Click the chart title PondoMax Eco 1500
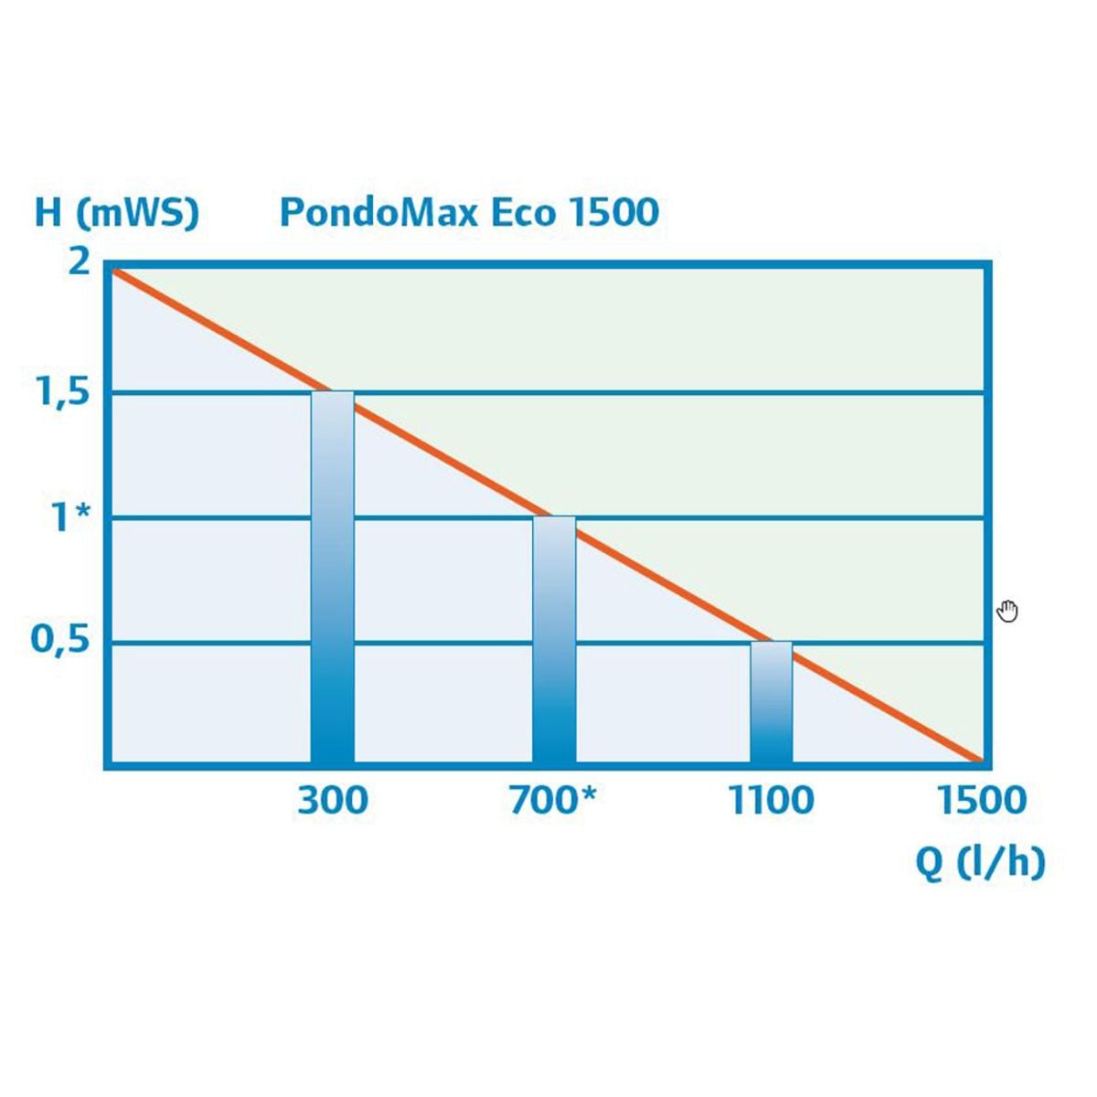468,212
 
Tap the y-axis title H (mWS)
116,213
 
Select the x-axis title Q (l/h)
980,862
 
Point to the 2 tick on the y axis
80,262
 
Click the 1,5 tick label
61,394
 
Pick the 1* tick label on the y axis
71,518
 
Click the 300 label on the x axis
333,801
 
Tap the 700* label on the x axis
552,801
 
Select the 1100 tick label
771,801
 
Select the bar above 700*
554,640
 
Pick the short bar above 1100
772,702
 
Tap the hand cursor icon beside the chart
1007,611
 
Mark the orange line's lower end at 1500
980,760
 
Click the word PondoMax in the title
380,212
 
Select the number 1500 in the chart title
613,212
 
